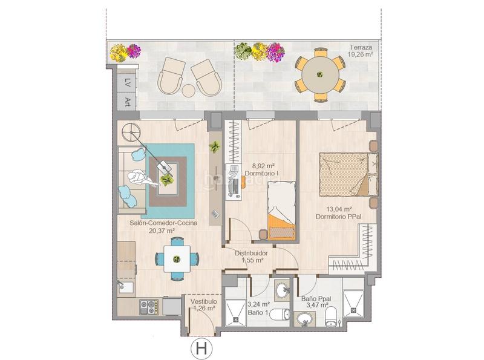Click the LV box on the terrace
pos(128,82)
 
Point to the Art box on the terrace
pos(128,100)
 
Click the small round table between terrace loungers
pos(189,90)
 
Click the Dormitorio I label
pos(261,174)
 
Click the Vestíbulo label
pos(204,301)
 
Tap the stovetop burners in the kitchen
pos(148,307)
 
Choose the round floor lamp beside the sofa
pos(129,131)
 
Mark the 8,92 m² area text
pos(261,165)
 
